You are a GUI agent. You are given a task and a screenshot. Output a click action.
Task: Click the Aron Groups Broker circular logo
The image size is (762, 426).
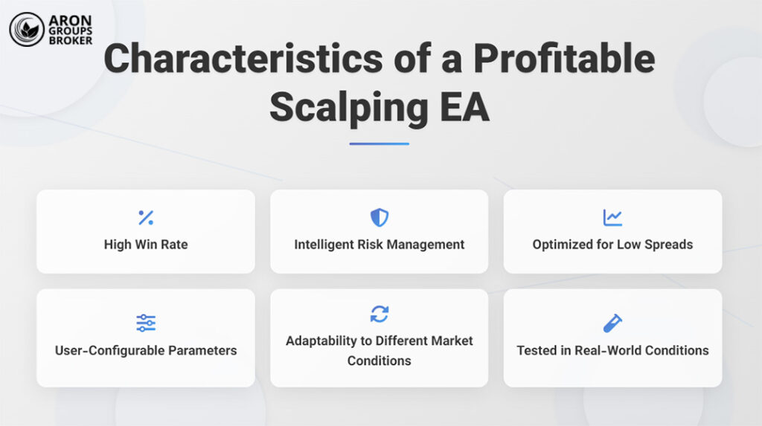click(x=27, y=29)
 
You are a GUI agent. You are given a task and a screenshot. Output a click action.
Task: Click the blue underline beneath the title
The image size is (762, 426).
click(x=380, y=143)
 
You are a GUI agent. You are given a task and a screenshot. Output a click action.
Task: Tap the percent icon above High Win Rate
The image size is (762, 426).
click(x=146, y=218)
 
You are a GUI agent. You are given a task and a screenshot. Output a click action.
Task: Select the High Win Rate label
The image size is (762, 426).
click(x=146, y=245)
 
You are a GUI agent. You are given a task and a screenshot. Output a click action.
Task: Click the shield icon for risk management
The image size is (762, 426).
click(x=380, y=218)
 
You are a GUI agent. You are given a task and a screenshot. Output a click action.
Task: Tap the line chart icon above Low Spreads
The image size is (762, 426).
click(x=612, y=218)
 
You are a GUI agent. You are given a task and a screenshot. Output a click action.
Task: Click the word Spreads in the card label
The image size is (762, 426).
click(x=667, y=245)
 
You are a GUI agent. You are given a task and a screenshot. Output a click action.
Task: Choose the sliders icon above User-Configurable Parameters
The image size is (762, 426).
click(x=146, y=323)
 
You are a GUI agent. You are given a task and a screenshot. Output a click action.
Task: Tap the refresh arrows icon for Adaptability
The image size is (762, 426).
click(x=380, y=314)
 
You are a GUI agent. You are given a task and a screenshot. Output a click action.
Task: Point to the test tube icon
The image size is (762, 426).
click(x=612, y=323)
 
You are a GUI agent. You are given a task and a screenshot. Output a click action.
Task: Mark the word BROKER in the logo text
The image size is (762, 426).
click(x=71, y=40)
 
